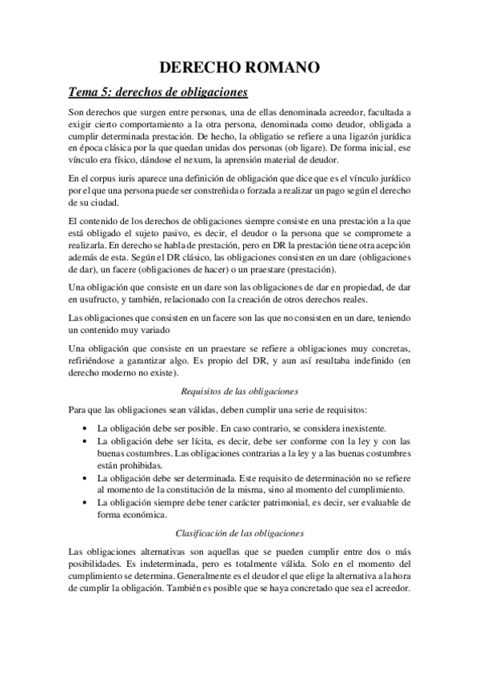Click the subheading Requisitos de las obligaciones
[239, 391]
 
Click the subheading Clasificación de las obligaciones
[240, 532]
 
